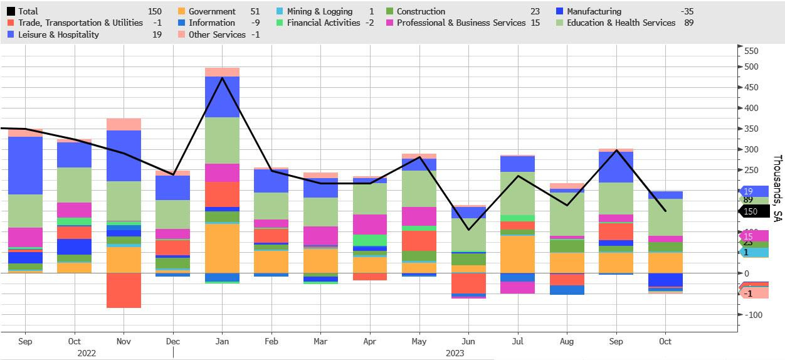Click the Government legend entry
(212, 11)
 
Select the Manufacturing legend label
(594, 11)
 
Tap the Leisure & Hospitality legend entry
(60, 34)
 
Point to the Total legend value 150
(154, 11)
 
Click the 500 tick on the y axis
(750, 67)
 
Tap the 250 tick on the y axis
(750, 170)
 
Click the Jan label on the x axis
(222, 342)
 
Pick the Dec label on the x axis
(173, 342)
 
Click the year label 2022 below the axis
(87, 353)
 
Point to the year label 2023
(455, 353)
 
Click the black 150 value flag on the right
(751, 212)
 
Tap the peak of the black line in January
(222, 78)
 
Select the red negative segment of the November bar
(124, 290)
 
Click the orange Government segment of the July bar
(517, 254)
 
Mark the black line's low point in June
(468, 230)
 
